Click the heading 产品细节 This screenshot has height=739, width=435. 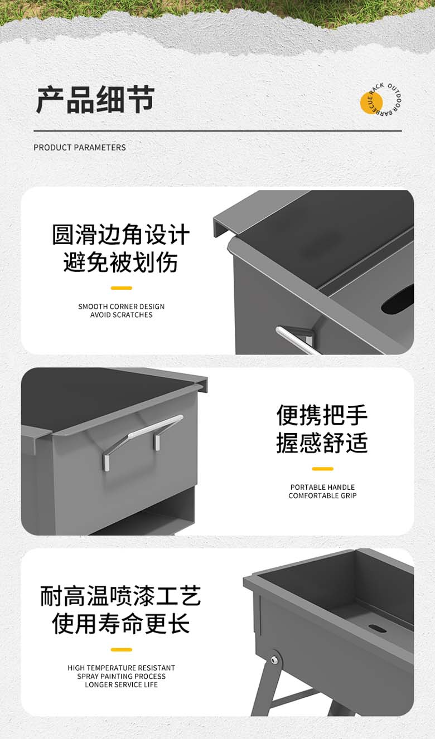tap(95, 100)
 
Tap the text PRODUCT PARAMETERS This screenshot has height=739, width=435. tap(80, 148)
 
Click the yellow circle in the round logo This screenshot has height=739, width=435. tap(371, 103)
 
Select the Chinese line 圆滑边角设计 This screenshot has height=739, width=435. tap(121, 235)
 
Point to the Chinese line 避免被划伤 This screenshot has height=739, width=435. tap(121, 262)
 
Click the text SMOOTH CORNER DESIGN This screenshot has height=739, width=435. tap(121, 307)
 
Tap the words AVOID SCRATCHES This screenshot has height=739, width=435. tap(121, 315)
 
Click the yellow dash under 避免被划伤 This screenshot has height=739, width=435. tap(121, 288)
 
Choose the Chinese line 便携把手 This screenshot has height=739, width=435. tap(322, 415)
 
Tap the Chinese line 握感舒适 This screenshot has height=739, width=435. tap(322, 443)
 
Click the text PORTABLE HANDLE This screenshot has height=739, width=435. tap(322, 487)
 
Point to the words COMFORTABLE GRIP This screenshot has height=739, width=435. tap(322, 495)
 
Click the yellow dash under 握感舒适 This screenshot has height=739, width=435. tap(322, 469)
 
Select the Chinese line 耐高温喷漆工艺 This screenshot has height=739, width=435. tap(121, 596)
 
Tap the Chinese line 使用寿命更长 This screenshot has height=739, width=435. tap(121, 624)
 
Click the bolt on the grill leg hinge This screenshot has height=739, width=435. tap(274, 660)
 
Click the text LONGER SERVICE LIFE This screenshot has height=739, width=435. tap(121, 684)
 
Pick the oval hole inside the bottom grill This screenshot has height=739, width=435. tap(378, 628)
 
